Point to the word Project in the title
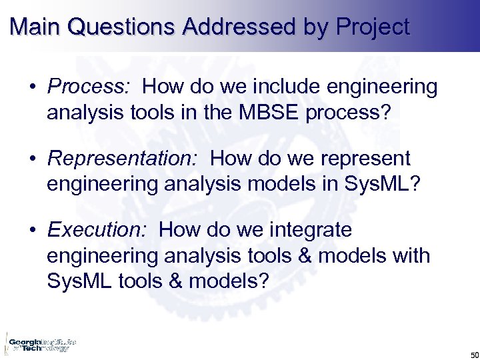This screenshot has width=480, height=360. click(x=373, y=27)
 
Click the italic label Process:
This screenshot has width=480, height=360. click(x=91, y=87)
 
